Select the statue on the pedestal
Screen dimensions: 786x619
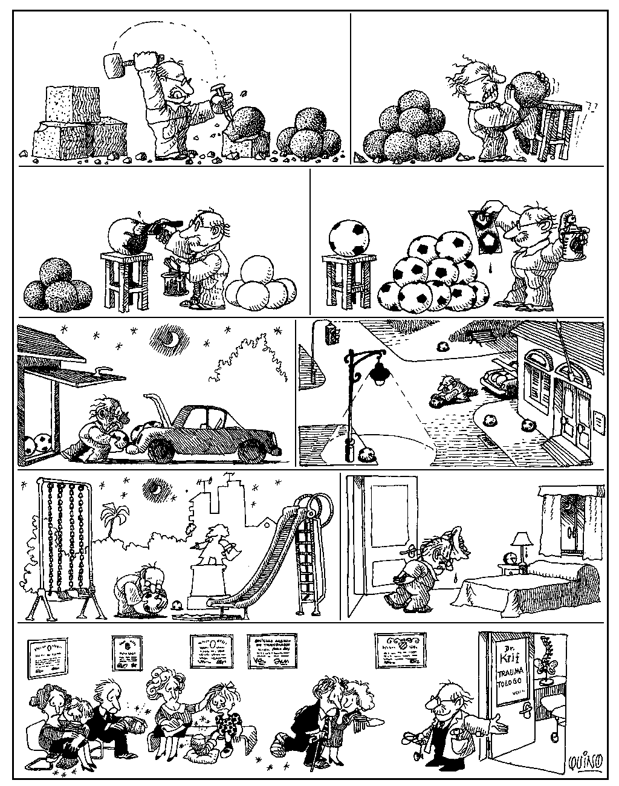pyautogui.click(x=216, y=545)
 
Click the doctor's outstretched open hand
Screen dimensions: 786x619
pyautogui.click(x=497, y=722)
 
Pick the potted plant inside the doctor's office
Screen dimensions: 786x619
pyautogui.click(x=549, y=665)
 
